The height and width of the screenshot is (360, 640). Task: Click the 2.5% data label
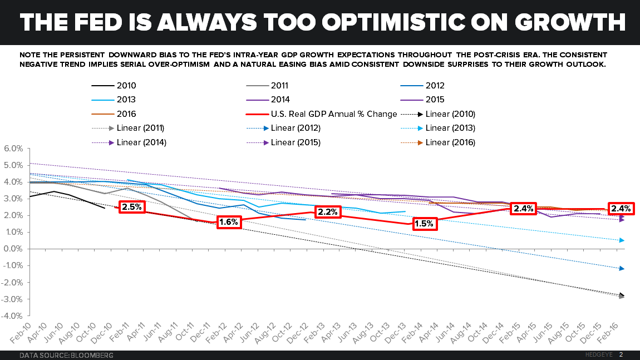coord(132,207)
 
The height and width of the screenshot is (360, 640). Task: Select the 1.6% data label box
coord(229,221)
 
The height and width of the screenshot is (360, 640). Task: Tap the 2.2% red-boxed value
coord(328,211)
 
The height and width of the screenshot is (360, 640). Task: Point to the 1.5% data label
coord(424,224)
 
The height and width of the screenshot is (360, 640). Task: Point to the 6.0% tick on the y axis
coord(13,149)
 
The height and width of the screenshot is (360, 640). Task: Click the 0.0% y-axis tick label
coord(13,249)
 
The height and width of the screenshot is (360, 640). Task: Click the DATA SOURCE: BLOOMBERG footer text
coord(67,354)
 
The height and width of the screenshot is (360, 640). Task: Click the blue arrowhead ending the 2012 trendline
coord(622,269)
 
